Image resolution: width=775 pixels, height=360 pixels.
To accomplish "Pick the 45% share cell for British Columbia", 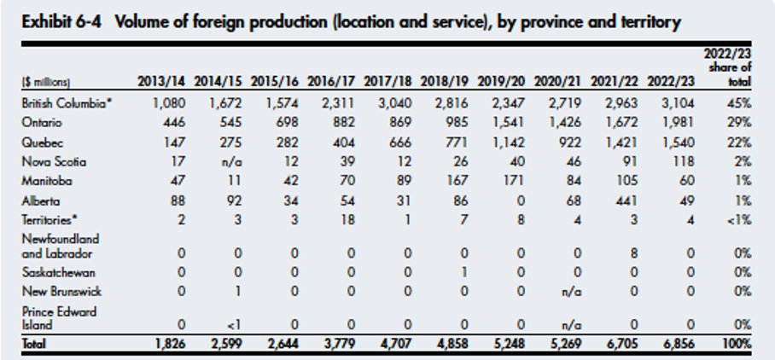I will pyautogui.click(x=739, y=103).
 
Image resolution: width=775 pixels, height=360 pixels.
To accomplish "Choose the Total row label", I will pyautogui.click(x=33, y=345).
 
